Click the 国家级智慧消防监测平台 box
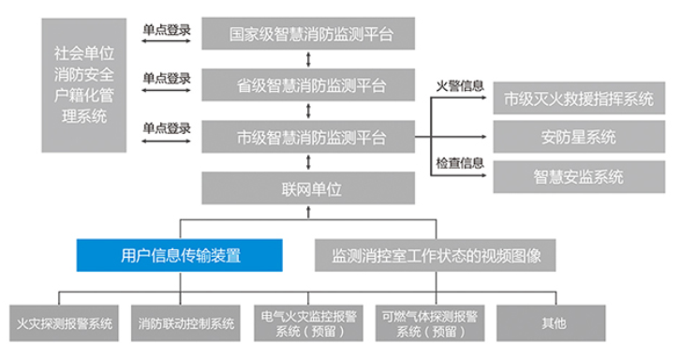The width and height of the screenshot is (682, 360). [310, 35]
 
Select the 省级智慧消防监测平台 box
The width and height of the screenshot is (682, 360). [310, 86]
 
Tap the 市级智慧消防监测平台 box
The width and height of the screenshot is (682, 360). [310, 137]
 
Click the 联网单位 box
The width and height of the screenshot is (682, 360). [310, 188]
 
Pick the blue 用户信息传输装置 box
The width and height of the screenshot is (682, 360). [180, 254]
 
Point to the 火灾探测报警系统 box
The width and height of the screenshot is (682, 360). [63, 323]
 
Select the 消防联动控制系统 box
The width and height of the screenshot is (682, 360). [186, 323]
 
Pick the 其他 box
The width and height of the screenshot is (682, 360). [555, 323]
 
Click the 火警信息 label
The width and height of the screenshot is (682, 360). [460, 86]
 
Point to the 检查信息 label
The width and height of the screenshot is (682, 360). [460, 163]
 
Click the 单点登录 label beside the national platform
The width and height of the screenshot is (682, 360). [167, 30]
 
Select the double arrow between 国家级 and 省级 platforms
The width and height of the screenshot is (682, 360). [310, 60]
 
